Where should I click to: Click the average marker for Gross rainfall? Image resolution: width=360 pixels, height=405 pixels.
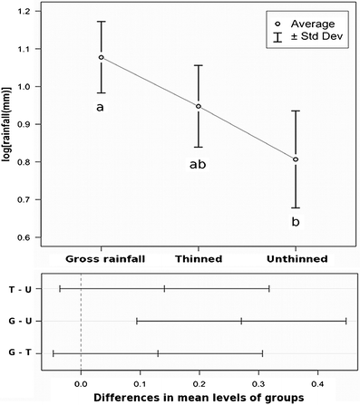(102, 57)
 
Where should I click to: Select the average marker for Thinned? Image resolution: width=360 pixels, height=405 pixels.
(199, 107)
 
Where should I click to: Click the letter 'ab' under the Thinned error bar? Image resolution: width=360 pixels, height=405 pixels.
(199, 165)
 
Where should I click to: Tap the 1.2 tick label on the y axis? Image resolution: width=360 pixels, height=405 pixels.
(34, 12)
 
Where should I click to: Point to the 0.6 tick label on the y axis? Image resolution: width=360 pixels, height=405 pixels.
(34, 237)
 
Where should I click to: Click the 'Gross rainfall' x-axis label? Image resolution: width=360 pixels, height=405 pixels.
(102, 259)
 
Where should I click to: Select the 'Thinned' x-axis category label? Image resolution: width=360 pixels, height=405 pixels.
(199, 259)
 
